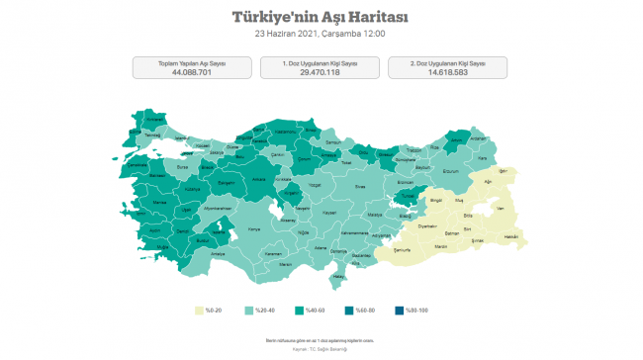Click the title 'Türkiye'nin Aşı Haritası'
(x=320, y=17)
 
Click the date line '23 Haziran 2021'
(x=320, y=34)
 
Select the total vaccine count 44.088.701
(x=192, y=71)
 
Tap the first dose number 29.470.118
(x=320, y=71)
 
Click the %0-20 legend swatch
(x=199, y=312)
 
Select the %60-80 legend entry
(x=360, y=312)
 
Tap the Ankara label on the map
(x=259, y=179)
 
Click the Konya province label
(x=253, y=229)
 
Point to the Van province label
(x=501, y=208)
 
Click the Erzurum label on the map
(x=450, y=171)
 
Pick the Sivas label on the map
(x=360, y=185)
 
